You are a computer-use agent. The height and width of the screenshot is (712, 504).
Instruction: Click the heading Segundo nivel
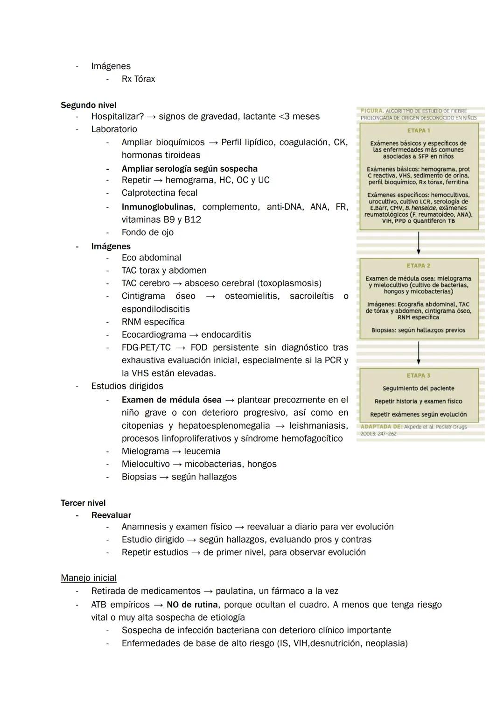coord(88,105)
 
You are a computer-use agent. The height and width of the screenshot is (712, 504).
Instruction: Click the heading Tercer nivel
coord(83,503)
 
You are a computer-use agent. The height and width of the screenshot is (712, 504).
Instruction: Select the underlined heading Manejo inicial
coord(89,578)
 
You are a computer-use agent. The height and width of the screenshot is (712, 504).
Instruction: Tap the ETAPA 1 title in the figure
coord(419,130)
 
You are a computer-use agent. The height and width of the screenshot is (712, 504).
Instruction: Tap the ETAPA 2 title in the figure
coord(419,266)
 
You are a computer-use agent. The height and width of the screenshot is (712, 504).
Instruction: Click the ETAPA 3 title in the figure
coord(419,375)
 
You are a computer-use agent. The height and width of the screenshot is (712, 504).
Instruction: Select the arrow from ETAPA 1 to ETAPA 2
coord(419,243)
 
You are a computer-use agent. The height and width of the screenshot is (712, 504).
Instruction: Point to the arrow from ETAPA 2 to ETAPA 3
coord(419,353)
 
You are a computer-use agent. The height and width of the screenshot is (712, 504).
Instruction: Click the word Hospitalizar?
coord(117,116)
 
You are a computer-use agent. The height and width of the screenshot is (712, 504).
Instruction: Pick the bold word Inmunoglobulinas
coord(158,206)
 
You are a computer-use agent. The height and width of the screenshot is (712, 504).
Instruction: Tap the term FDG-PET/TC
coord(146,347)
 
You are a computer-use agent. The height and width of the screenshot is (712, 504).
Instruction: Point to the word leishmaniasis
coord(318,426)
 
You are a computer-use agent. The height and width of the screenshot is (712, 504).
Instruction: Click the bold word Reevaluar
coord(111,515)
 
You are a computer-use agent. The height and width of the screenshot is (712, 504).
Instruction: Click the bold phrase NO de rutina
coord(192,605)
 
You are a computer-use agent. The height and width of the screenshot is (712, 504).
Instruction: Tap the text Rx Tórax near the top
coord(138,79)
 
